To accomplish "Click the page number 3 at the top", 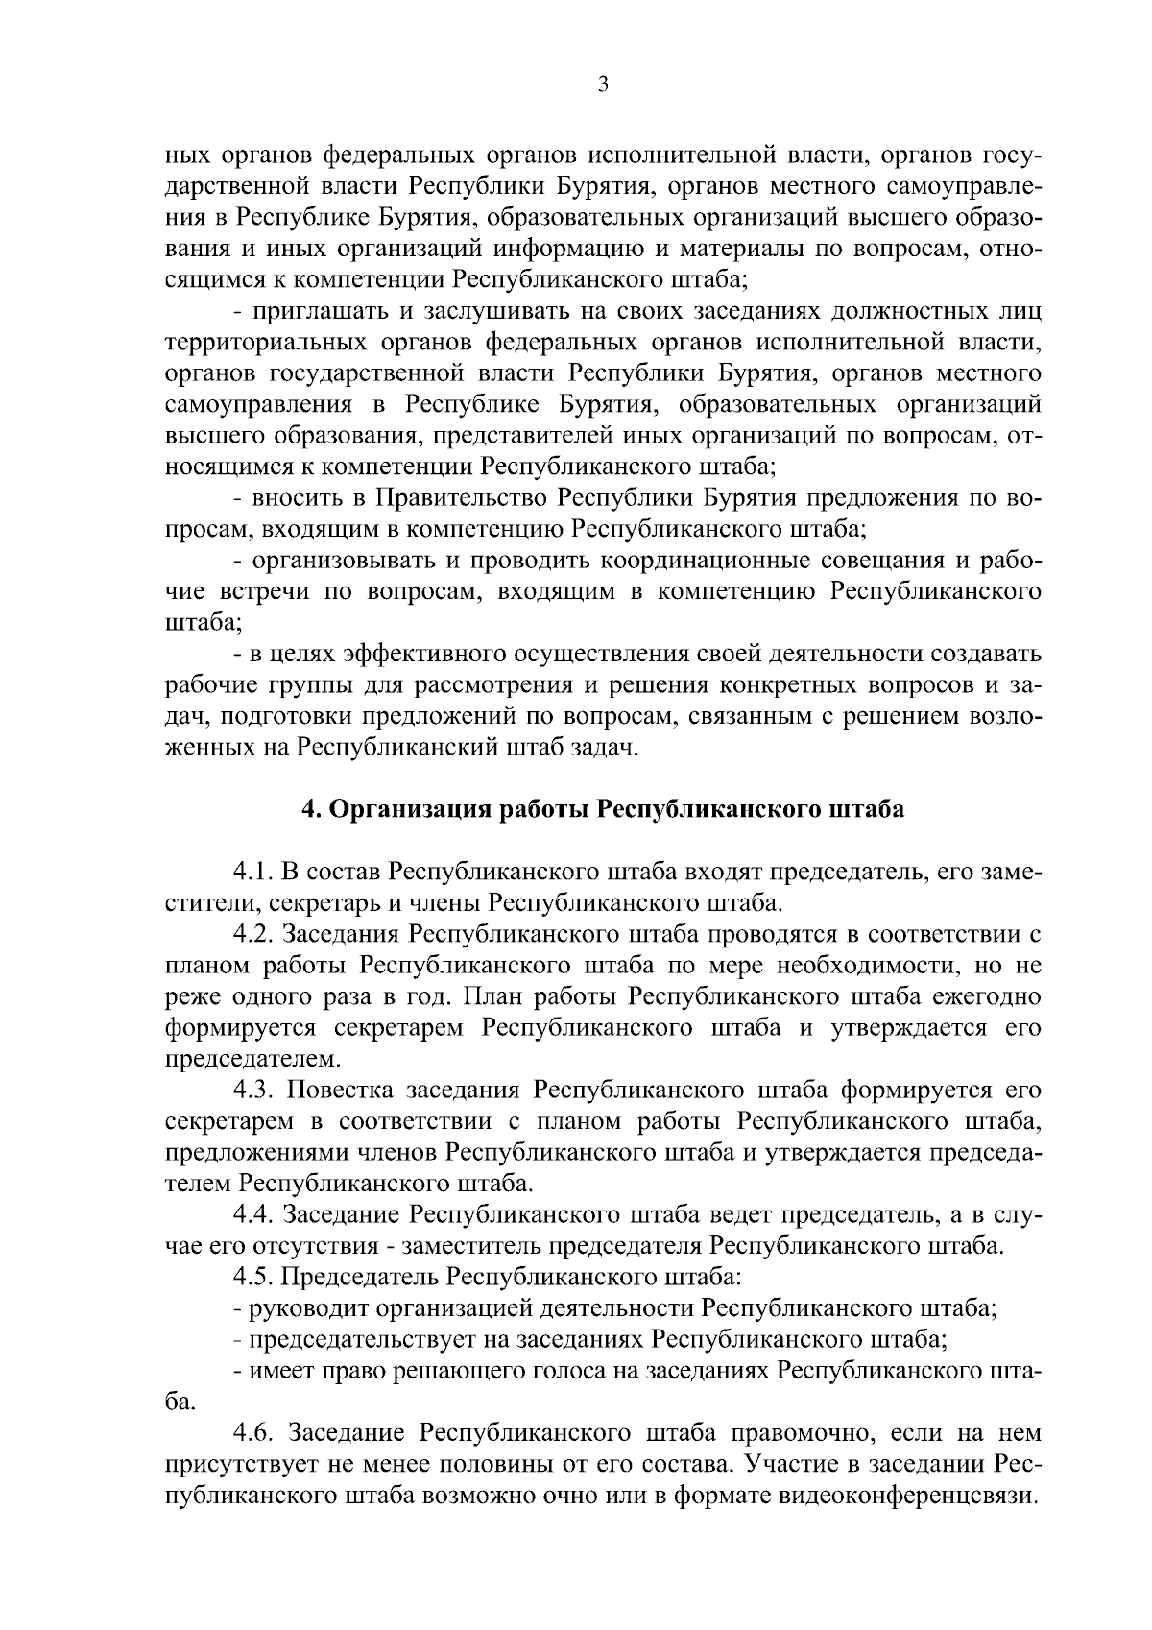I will (x=603, y=85).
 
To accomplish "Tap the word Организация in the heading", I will (x=408, y=809).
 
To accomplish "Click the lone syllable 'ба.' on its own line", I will (x=180, y=1402).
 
